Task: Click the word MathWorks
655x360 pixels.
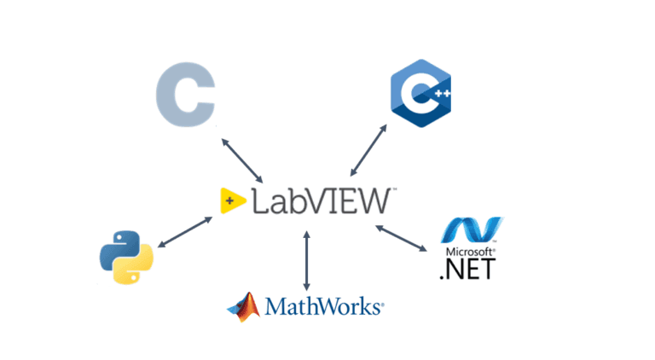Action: (325, 305)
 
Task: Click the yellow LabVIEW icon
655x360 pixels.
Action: (231, 200)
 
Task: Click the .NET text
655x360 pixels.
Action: (465, 270)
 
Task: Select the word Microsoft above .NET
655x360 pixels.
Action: (466, 252)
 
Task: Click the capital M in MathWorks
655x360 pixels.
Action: (275, 305)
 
